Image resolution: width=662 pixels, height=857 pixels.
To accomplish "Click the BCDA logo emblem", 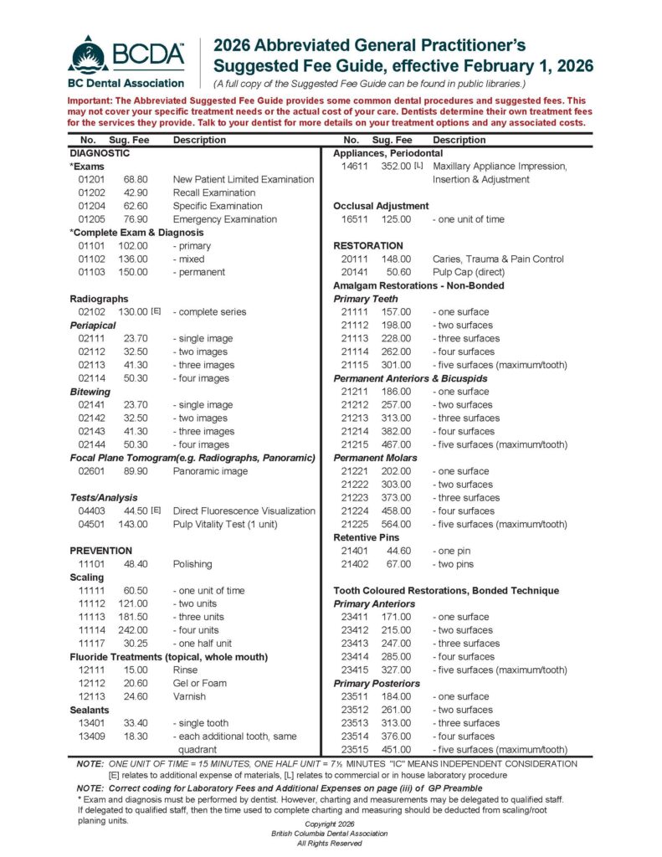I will [x=88, y=55].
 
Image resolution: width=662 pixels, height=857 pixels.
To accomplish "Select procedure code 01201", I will [x=90, y=179].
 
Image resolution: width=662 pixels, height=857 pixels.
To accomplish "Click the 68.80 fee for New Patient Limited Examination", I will [x=136, y=179].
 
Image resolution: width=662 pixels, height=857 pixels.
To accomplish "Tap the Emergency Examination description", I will [x=224, y=219].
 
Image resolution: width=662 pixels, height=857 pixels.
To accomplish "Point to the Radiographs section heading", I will [x=99, y=299].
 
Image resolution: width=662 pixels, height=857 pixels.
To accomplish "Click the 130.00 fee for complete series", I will [x=134, y=312].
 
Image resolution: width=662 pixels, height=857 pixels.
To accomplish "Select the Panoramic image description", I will [x=210, y=471].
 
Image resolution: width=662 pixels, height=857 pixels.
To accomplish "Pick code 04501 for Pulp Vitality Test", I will [x=90, y=524].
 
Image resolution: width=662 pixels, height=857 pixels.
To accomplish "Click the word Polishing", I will [x=192, y=564].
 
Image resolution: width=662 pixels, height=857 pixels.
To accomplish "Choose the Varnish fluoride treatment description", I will [x=188, y=696].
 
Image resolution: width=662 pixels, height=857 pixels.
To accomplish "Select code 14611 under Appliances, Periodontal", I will [x=355, y=167].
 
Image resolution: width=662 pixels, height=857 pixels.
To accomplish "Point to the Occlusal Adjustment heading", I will [x=381, y=206].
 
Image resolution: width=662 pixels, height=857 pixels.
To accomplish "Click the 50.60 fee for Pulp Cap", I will [x=398, y=272].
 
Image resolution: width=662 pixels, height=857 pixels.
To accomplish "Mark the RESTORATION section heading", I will [x=368, y=246].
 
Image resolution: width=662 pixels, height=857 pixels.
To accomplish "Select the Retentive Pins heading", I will [x=367, y=537].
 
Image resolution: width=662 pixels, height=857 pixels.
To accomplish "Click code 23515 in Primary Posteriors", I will [x=355, y=750].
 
